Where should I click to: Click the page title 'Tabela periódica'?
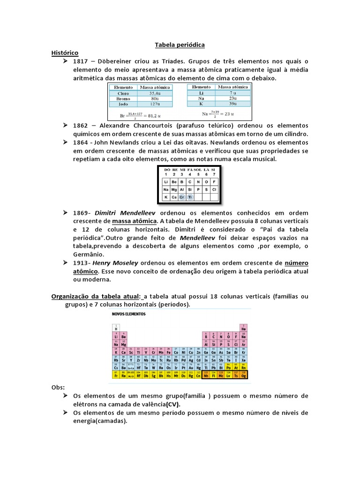(180, 45)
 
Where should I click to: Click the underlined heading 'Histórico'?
(65, 53)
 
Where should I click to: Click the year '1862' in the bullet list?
(81, 126)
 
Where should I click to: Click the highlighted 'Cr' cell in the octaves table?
(182, 198)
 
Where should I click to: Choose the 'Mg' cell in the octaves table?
(174, 189)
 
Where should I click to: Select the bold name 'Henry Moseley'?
(125, 263)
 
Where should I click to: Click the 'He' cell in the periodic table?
(243, 329)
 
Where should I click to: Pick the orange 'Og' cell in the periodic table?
(243, 375)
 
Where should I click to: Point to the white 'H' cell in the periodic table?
(116, 329)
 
